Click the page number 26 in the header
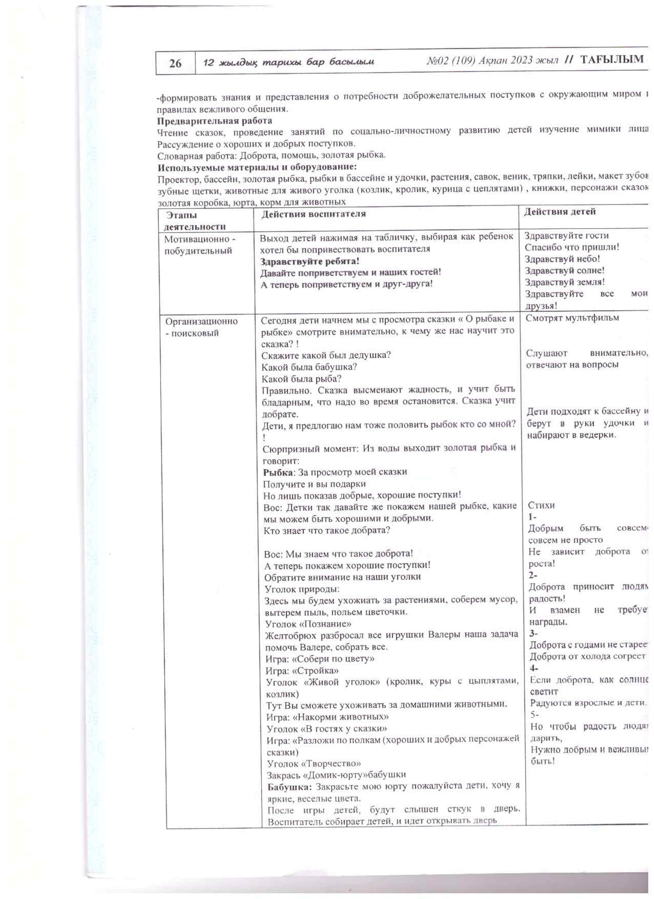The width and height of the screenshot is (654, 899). tap(175, 64)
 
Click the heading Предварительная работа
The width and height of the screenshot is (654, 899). tap(215, 121)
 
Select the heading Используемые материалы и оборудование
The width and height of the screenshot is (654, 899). tap(257, 167)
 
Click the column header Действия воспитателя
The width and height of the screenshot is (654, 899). tap(313, 214)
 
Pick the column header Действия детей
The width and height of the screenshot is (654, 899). tap(559, 212)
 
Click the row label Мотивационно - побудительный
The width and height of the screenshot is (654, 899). tap(200, 245)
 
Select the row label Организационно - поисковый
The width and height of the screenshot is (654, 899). tap(201, 327)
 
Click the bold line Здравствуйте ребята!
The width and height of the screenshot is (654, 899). tap(310, 262)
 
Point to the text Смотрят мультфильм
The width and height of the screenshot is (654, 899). tap(572, 318)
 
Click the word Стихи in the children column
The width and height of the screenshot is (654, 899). tap(541, 505)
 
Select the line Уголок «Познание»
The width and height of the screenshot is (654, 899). tap(308, 624)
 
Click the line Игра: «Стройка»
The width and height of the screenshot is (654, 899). tap(302, 671)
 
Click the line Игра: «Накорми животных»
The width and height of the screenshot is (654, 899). tap(327, 717)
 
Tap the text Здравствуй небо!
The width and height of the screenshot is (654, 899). tap(562, 259)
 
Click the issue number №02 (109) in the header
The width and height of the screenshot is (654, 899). tap(451, 61)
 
